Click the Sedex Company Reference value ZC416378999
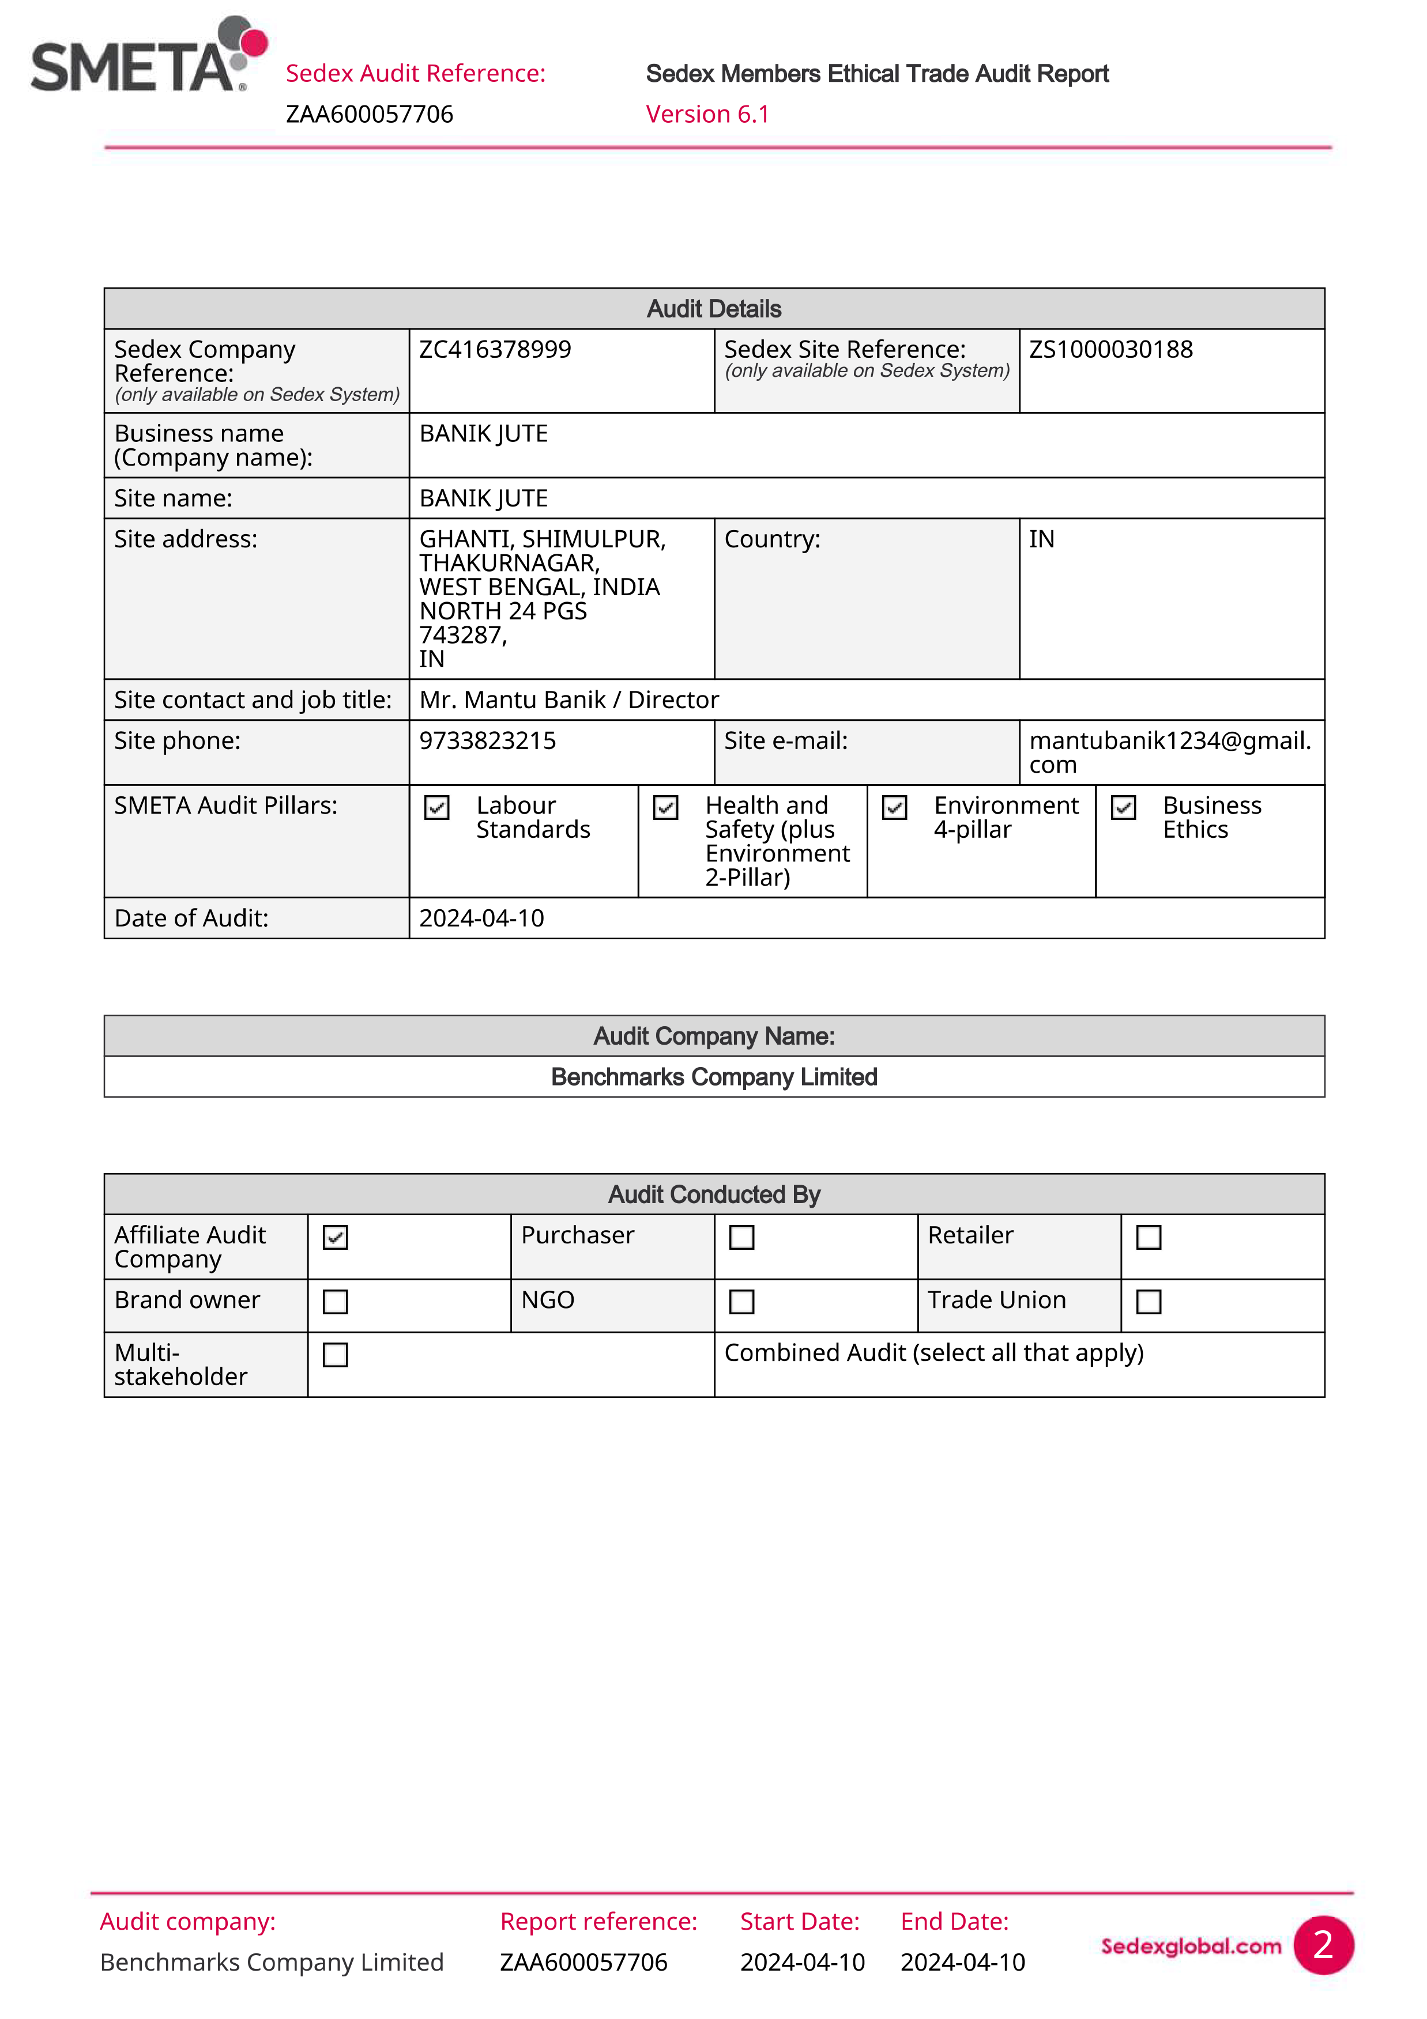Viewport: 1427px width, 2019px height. [495, 350]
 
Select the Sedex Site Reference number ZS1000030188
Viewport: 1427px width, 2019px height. [1110, 350]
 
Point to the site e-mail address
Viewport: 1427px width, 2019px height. [1169, 753]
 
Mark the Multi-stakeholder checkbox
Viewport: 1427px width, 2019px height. [335, 1355]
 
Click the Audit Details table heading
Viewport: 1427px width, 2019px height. [714, 309]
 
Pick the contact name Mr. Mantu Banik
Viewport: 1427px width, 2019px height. [512, 700]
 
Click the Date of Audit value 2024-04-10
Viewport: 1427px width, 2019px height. [481, 919]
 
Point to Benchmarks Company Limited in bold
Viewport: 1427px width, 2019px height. [714, 1077]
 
